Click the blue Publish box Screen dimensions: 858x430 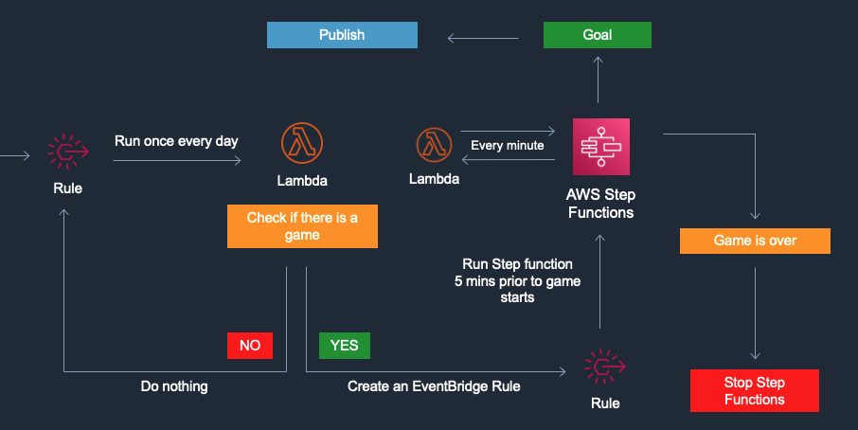pyautogui.click(x=342, y=35)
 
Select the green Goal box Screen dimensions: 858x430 pyautogui.click(x=597, y=35)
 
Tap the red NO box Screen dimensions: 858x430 pyautogui.click(x=250, y=345)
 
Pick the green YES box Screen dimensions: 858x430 pyautogui.click(x=344, y=345)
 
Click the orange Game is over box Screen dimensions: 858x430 pyautogui.click(x=755, y=241)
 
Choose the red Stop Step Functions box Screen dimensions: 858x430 pyautogui.click(x=755, y=390)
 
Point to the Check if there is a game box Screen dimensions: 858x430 pyautogui.click(x=302, y=226)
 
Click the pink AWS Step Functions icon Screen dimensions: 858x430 pyautogui.click(x=600, y=147)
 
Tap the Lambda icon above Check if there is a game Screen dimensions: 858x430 pyautogui.click(x=302, y=143)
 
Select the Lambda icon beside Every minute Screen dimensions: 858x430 pyautogui.click(x=434, y=145)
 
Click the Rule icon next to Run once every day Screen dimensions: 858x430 pyautogui.click(x=68, y=152)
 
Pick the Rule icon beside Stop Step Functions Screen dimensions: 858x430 pyautogui.click(x=604, y=367)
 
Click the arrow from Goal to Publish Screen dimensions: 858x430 pyautogui.click(x=483, y=38)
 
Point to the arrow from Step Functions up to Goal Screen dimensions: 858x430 pyautogui.click(x=599, y=80)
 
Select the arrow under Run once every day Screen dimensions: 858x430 pyautogui.click(x=177, y=160)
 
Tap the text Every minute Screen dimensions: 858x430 pyautogui.click(x=508, y=146)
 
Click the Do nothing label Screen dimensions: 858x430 pyautogui.click(x=174, y=386)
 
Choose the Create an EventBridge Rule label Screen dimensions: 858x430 pyautogui.click(x=434, y=386)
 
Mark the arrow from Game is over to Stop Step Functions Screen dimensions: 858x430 pyautogui.click(x=755, y=314)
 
